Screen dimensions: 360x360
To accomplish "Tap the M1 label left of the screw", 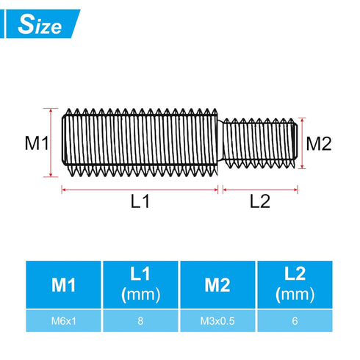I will click(36, 143).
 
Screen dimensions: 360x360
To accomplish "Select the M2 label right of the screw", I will click(318, 143).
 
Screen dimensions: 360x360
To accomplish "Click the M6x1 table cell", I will click(63, 320).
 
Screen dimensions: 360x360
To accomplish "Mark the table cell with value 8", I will click(140, 320).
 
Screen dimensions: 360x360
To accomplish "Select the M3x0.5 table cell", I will click(217, 320).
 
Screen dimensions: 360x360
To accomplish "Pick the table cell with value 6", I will click(294, 320).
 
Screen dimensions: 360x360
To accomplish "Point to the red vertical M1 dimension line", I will click(51, 142).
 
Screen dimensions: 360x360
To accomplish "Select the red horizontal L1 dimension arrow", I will click(140, 189).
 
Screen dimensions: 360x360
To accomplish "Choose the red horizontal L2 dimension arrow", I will click(260, 189).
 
